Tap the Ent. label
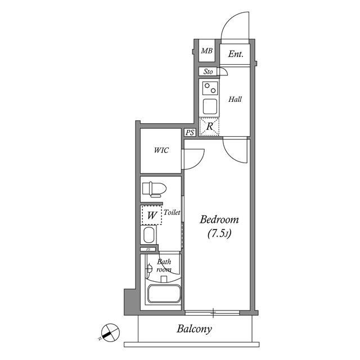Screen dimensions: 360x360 point(236,55)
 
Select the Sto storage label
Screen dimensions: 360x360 point(208,72)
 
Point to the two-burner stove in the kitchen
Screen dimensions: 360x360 point(210,88)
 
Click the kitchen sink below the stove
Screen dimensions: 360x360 point(210,106)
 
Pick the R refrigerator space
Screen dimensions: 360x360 point(210,127)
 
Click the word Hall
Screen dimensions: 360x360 point(235,100)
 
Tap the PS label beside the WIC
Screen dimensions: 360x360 point(190,133)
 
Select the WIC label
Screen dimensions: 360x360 point(161,151)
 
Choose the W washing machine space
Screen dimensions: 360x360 point(151,215)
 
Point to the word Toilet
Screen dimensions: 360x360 point(172,213)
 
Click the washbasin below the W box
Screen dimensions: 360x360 point(149,235)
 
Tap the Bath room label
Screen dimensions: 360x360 point(164,265)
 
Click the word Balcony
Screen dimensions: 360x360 point(194,329)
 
